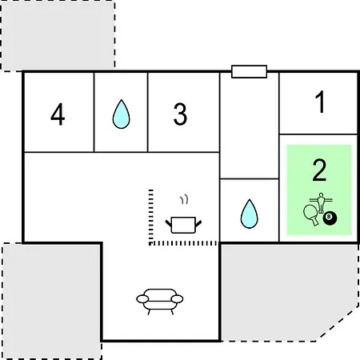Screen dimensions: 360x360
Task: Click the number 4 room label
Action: click(58, 114)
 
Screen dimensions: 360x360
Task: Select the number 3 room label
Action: click(180, 114)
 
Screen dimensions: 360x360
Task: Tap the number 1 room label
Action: click(320, 102)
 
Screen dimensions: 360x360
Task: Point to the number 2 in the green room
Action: click(319, 170)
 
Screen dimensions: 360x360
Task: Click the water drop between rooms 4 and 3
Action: click(121, 114)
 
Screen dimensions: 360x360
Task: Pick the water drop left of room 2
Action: click(250, 214)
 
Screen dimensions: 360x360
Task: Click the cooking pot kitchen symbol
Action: click(183, 225)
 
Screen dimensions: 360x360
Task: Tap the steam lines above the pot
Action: click(184, 199)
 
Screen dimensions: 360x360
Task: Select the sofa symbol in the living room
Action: click(160, 302)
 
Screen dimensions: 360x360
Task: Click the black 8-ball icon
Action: click(330, 218)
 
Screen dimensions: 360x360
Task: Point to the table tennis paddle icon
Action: click(311, 214)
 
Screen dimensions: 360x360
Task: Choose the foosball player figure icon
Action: click(321, 202)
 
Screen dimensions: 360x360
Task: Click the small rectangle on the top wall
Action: click(249, 72)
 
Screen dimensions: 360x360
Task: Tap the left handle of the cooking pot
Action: click(169, 224)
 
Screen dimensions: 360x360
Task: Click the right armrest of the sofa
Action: click(177, 299)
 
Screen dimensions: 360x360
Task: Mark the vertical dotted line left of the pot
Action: click(150, 217)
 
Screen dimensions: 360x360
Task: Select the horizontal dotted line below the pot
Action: click(184, 243)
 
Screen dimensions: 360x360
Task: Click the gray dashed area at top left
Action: click(58, 35)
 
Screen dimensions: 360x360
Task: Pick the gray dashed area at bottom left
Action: click(52, 301)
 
